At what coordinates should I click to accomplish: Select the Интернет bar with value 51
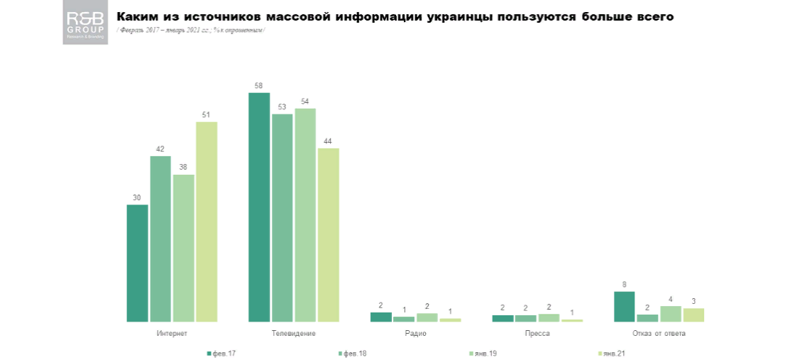[207, 222]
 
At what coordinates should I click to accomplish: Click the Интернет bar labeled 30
[137, 263]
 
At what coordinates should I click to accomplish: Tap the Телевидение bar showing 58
[259, 207]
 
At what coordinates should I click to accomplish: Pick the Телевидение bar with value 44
[329, 234]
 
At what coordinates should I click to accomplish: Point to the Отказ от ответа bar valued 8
[625, 306]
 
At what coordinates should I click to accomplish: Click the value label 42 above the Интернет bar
[160, 149]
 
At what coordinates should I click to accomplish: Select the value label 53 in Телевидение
[282, 107]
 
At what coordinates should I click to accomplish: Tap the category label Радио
[416, 333]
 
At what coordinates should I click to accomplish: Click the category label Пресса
[537, 333]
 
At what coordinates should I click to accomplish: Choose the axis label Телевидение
[294, 333]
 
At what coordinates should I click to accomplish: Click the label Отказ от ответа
[659, 333]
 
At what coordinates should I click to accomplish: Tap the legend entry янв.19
[484, 353]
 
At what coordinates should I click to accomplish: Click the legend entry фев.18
[353, 353]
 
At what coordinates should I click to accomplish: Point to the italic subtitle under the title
[192, 30]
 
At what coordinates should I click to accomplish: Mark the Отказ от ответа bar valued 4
[671, 314]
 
